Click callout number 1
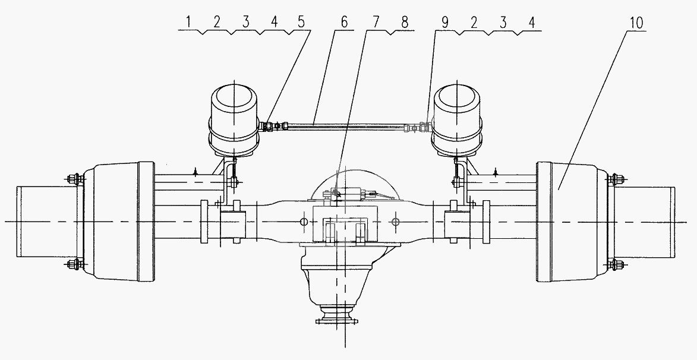tap(188, 22)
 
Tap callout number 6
tap(344, 22)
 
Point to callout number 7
tap(376, 22)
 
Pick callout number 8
tap(405, 22)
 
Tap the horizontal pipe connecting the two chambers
tap(345, 126)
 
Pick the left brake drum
tap(119, 222)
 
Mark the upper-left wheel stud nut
tap(74, 179)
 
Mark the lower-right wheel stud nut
tap(618, 265)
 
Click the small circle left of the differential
tap(304, 222)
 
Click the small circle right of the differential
tap(396, 222)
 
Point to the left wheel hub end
tap(47, 222)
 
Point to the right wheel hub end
tap(645, 222)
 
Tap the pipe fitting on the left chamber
tap(268, 126)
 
